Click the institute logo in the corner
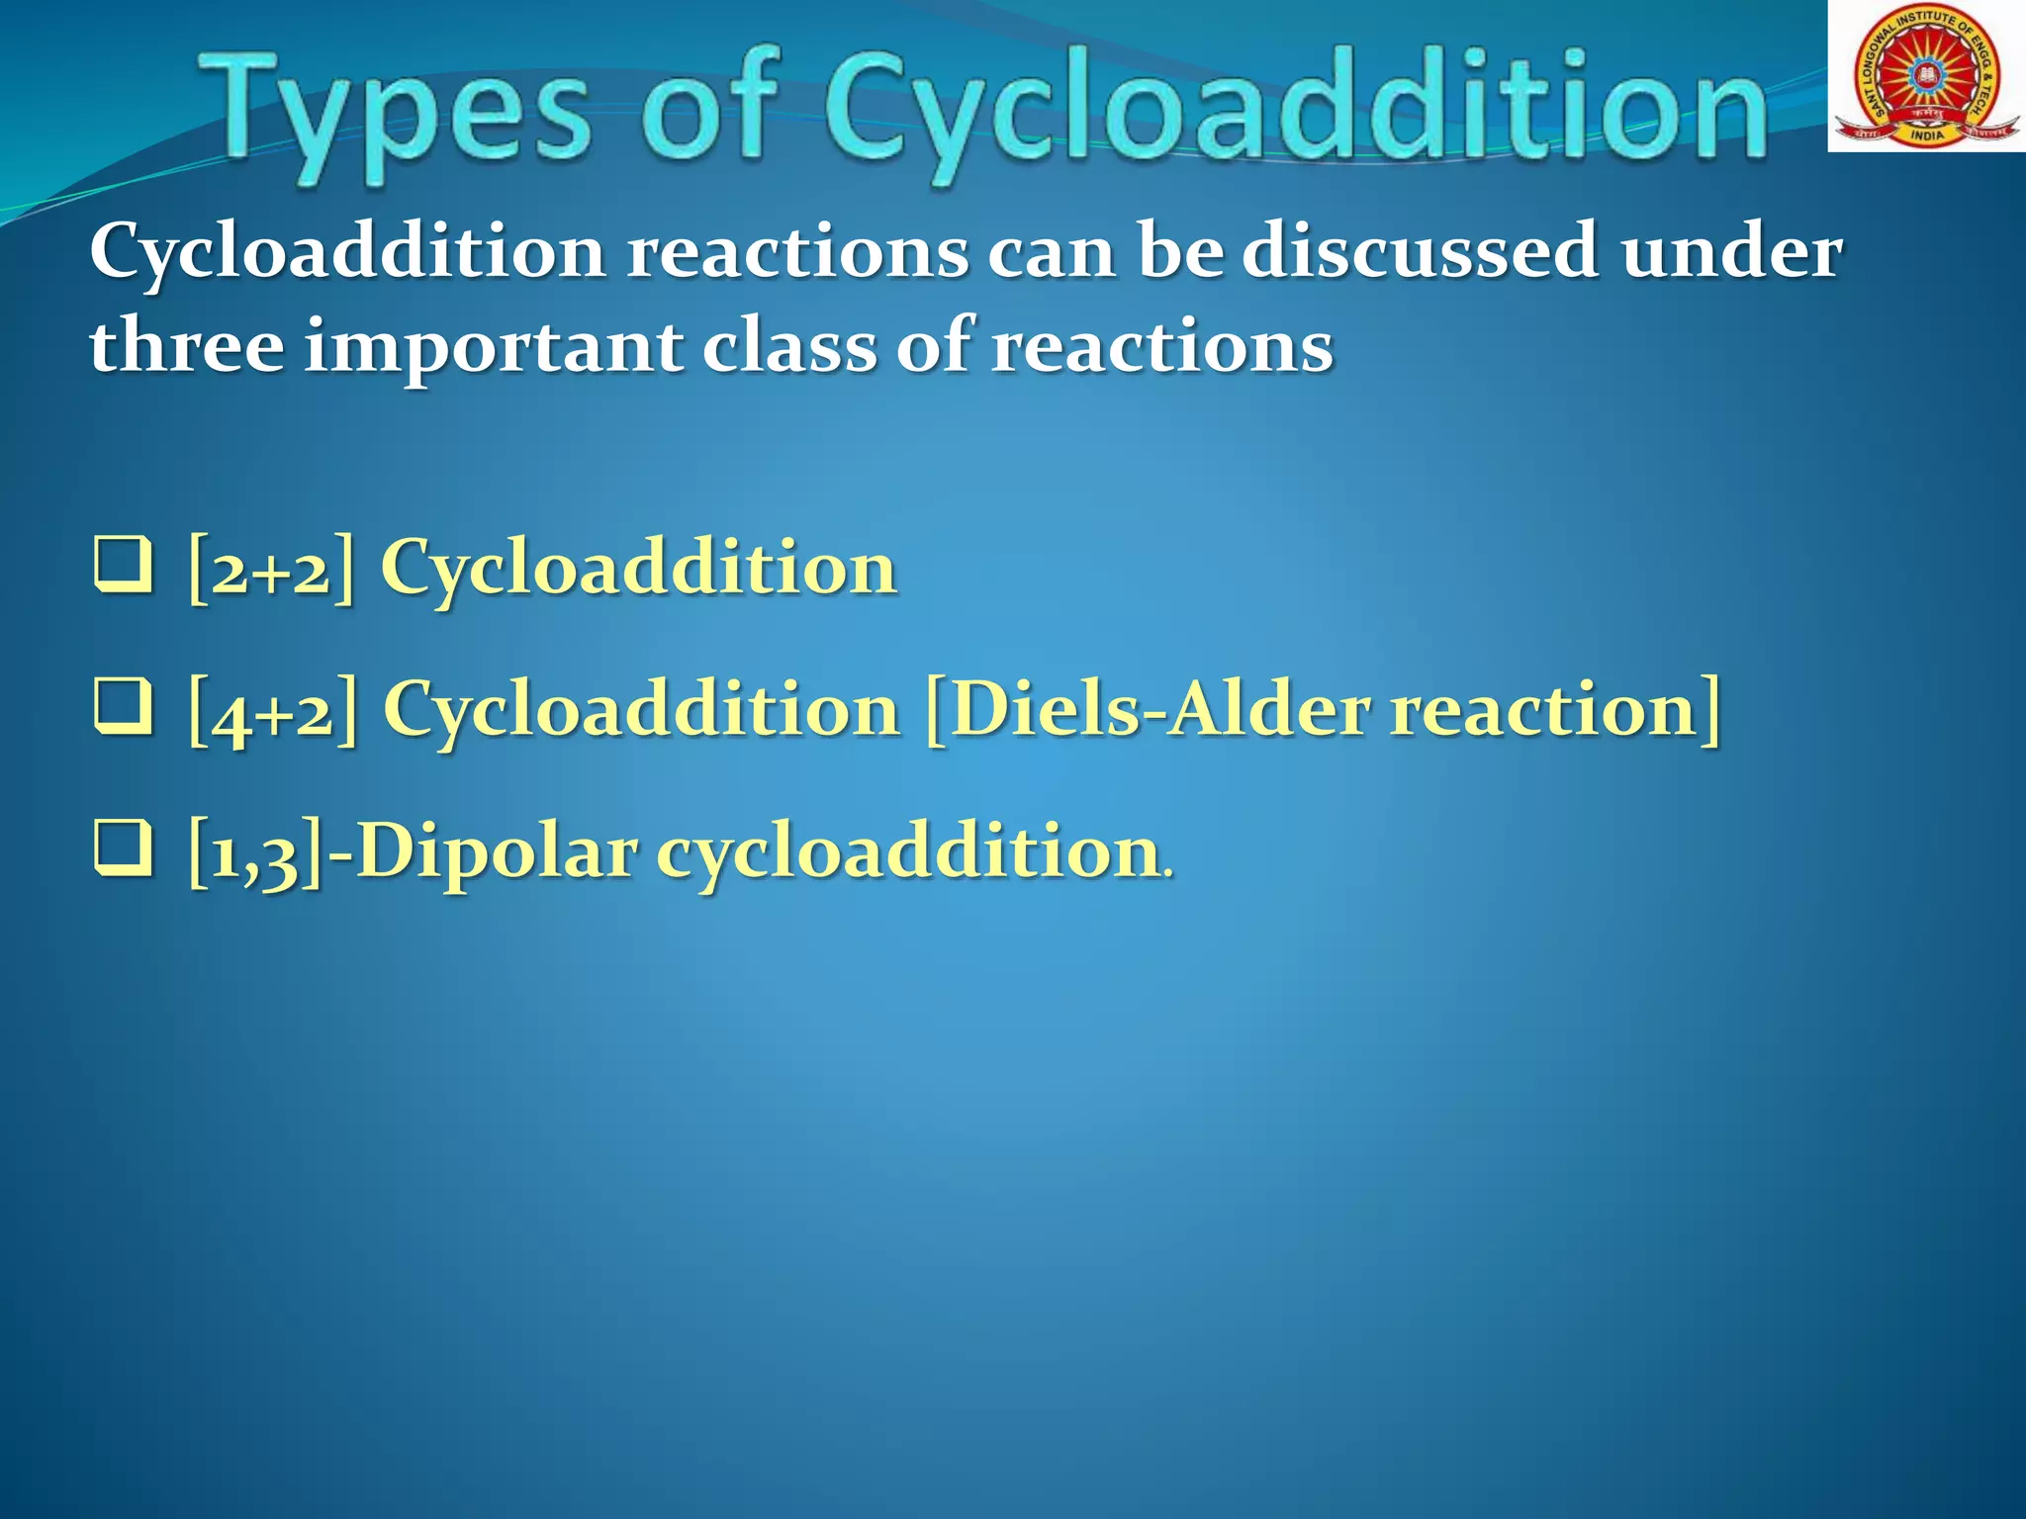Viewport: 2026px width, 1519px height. click(1925, 76)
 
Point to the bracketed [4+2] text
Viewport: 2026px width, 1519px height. click(272, 710)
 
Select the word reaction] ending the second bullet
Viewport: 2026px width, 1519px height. click(1553, 708)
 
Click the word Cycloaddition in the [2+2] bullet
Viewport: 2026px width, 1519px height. click(638, 569)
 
